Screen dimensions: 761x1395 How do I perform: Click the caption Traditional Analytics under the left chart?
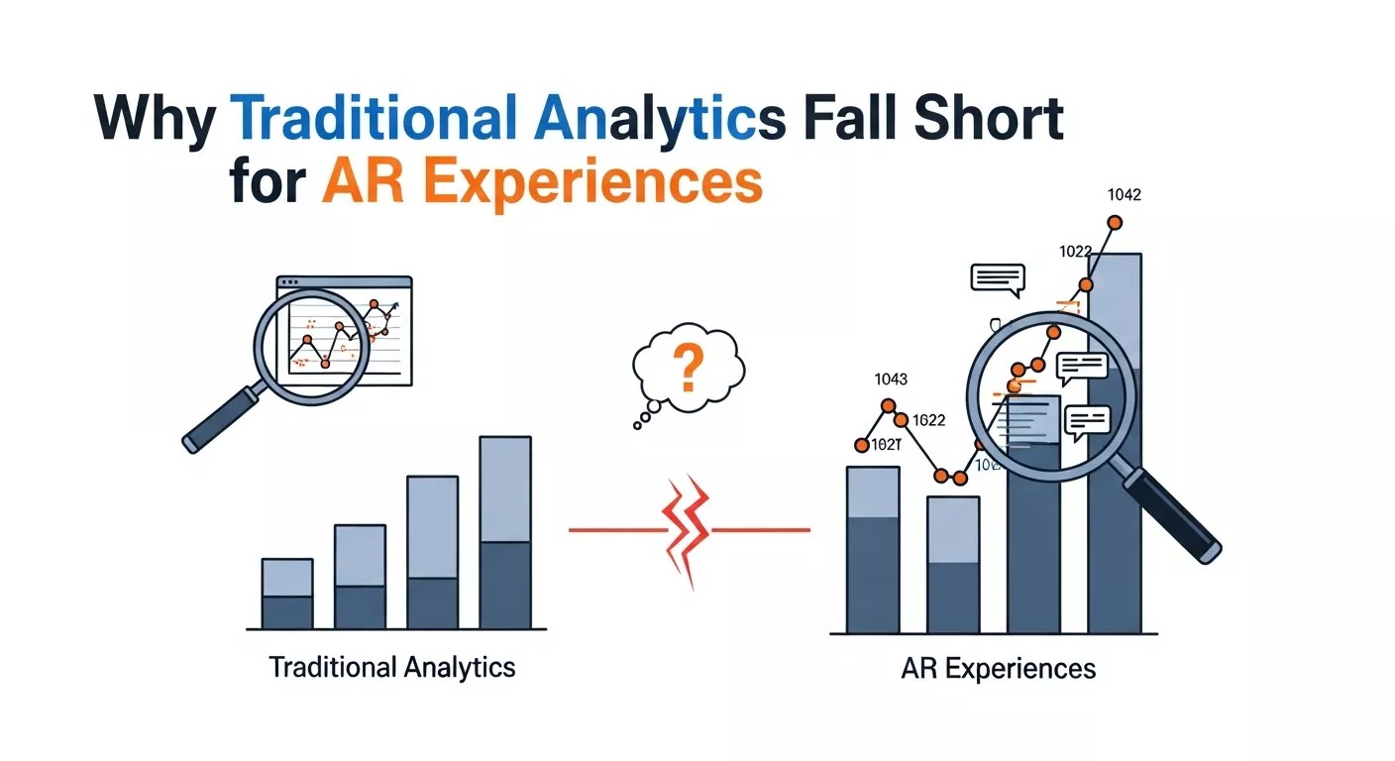pyautogui.click(x=392, y=666)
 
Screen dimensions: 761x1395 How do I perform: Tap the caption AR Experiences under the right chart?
pyautogui.click(x=999, y=668)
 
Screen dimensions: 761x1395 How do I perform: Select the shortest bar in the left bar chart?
pyautogui.click(x=287, y=595)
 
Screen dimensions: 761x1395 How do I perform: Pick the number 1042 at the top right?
pyautogui.click(x=1124, y=195)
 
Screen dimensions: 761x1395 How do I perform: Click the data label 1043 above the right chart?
pyautogui.click(x=891, y=379)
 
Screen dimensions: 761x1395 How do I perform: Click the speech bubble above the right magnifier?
pyautogui.click(x=997, y=278)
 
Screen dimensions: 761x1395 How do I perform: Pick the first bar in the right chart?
pyautogui.click(x=873, y=550)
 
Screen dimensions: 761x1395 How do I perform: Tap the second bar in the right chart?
pyautogui.click(x=953, y=565)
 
